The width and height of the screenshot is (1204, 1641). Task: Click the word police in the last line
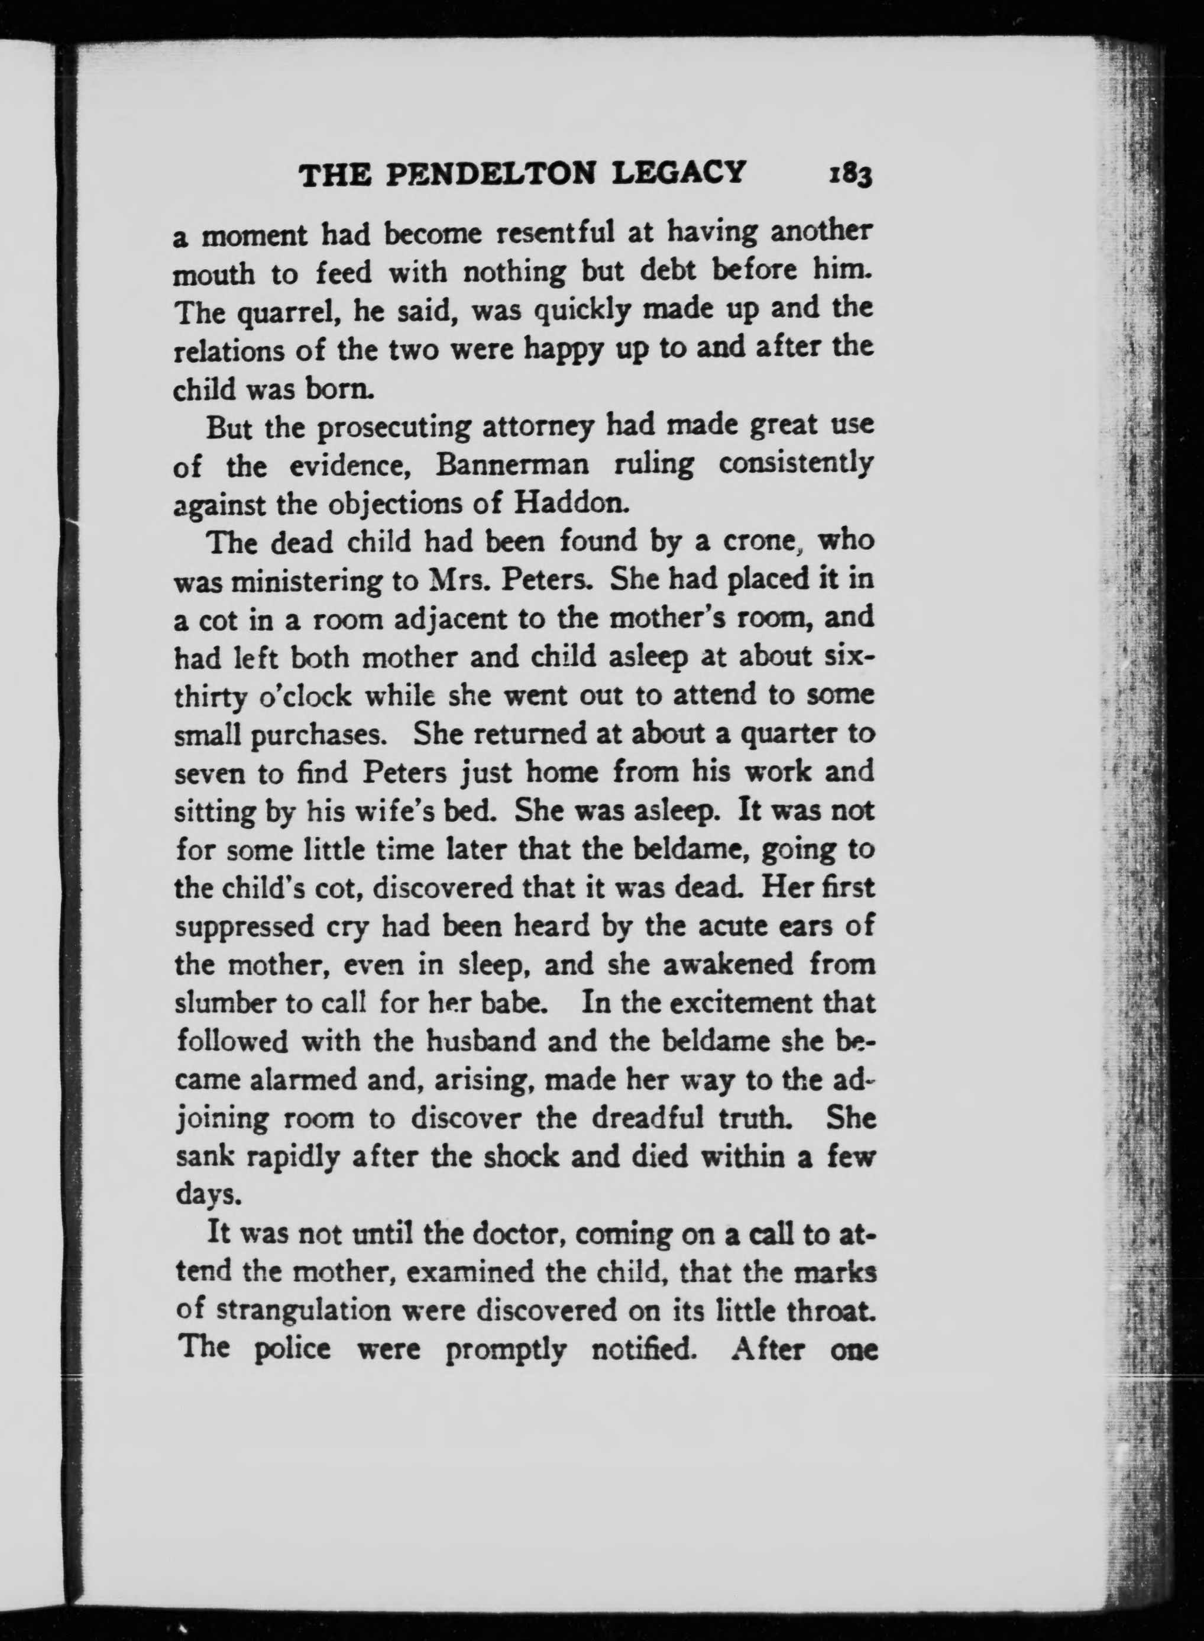click(294, 1349)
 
